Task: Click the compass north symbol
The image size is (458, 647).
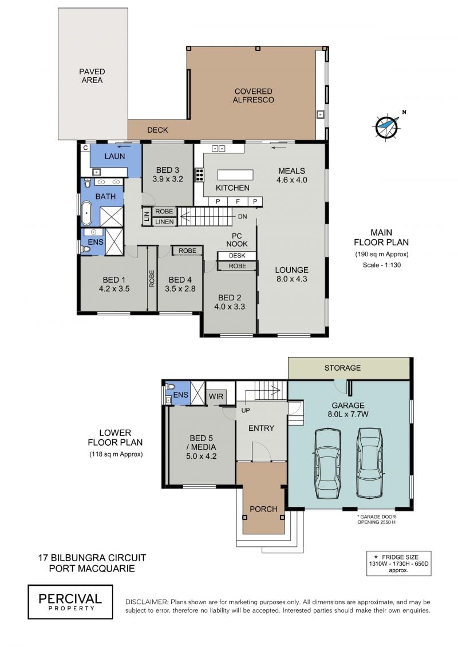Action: pyautogui.click(x=388, y=126)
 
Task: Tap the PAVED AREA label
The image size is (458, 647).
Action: pyautogui.click(x=92, y=76)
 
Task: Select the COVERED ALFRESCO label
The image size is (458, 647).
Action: pyautogui.click(x=253, y=96)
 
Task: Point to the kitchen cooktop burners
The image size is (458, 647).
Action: pyautogui.click(x=199, y=174)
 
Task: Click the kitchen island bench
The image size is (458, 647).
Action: pyautogui.click(x=235, y=175)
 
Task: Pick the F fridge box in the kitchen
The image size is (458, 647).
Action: pyautogui.click(x=238, y=201)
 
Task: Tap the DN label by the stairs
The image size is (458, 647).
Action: pyautogui.click(x=242, y=217)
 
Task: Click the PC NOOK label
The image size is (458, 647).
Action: pyautogui.click(x=236, y=240)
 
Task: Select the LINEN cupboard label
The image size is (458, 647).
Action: pyautogui.click(x=164, y=221)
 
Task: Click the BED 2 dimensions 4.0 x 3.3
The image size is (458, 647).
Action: pyautogui.click(x=229, y=307)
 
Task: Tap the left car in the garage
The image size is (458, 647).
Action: pyautogui.click(x=328, y=464)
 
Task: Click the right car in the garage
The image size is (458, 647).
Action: pyautogui.click(x=370, y=463)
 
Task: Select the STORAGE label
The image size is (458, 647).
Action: pyautogui.click(x=342, y=368)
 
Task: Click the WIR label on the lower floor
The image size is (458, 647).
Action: pyautogui.click(x=216, y=396)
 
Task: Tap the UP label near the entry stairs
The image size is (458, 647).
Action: pyautogui.click(x=245, y=411)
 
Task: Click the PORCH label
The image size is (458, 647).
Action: pyautogui.click(x=263, y=509)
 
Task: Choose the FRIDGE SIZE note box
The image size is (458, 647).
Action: pyautogui.click(x=398, y=563)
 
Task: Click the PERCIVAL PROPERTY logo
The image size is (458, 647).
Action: pyautogui.click(x=70, y=602)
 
